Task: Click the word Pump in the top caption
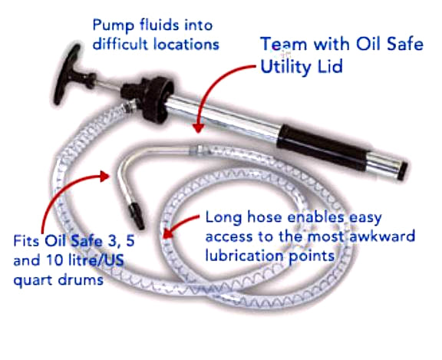(x=110, y=24)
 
